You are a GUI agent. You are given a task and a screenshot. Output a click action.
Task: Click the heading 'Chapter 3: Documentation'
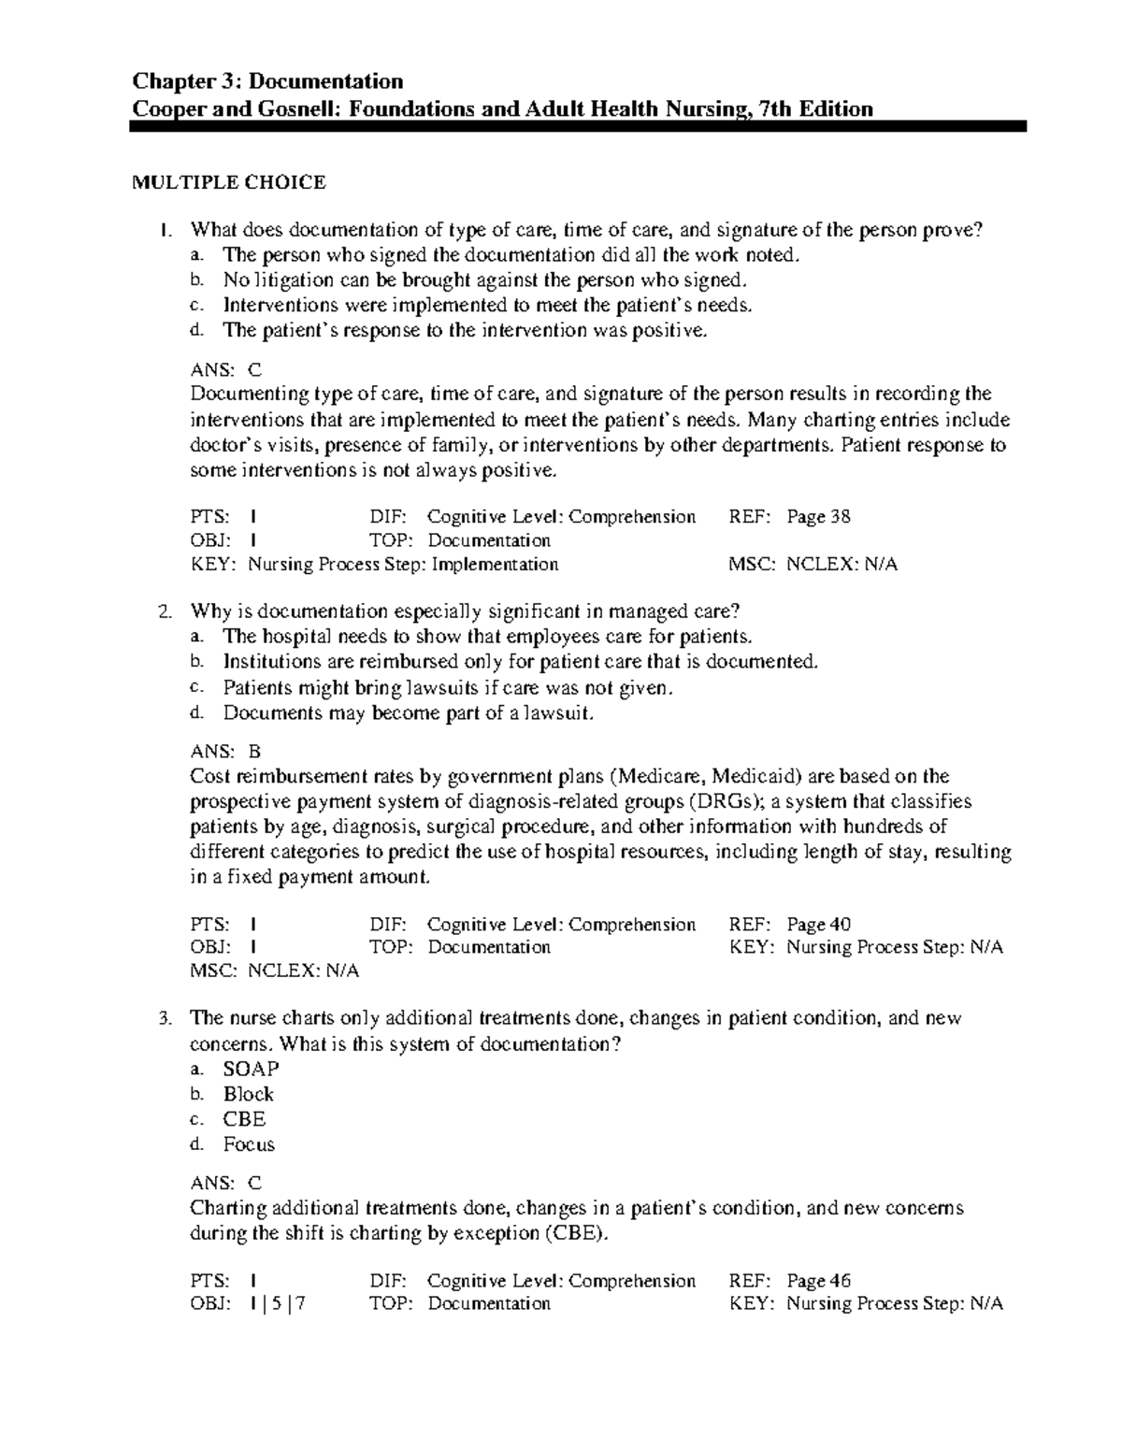268,81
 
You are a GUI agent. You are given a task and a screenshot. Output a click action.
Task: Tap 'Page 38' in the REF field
818,517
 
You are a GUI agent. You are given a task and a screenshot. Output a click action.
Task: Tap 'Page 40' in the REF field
818,925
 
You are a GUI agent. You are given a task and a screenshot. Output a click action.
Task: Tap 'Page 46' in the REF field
818,1281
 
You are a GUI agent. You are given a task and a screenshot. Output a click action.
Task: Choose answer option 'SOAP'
251,1069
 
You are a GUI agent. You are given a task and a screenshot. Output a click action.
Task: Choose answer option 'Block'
248,1094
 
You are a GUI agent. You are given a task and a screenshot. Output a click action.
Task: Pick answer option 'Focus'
249,1144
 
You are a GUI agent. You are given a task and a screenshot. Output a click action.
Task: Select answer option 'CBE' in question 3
244,1119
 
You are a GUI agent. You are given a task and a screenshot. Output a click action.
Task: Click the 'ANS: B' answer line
225,751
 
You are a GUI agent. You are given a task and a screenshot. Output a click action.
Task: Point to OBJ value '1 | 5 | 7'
279,1304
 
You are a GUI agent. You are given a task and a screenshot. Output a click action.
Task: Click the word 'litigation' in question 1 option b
286,280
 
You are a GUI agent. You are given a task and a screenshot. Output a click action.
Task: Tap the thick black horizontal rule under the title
578,126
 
